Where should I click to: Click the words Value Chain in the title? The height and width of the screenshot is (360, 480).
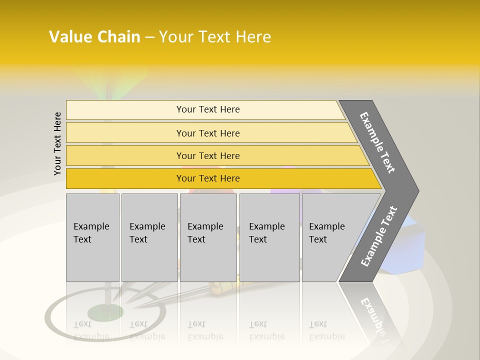pyautogui.click(x=94, y=37)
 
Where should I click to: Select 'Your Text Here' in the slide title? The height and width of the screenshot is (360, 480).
pyautogui.click(x=215, y=37)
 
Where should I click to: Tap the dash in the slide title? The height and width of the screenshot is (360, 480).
pyautogui.click(x=149, y=37)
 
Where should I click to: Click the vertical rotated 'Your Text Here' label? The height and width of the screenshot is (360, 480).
pyautogui.click(x=57, y=143)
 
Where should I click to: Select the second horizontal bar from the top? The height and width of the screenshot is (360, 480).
pyautogui.click(x=207, y=133)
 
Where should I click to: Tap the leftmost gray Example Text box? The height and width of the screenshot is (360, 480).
pyautogui.click(x=92, y=237)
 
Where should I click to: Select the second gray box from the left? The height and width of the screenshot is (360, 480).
pyautogui.click(x=149, y=237)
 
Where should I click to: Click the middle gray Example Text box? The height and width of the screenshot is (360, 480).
pyautogui.click(x=208, y=237)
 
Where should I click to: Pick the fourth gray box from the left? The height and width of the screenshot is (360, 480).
pyautogui.click(x=269, y=237)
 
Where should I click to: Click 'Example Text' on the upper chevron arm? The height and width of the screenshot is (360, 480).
pyautogui.click(x=377, y=142)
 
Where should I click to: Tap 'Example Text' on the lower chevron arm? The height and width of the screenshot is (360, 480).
pyautogui.click(x=379, y=236)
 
